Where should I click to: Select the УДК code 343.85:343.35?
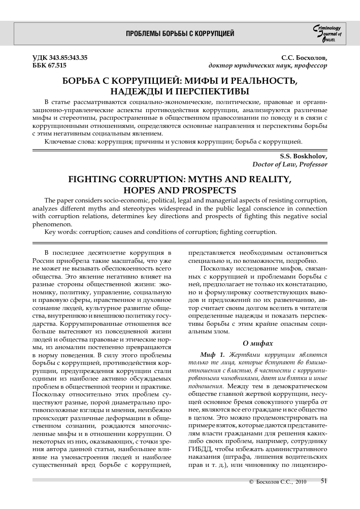tap(60, 58)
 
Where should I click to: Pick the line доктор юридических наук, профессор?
tap(268, 66)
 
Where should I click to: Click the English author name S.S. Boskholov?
tap(304, 155)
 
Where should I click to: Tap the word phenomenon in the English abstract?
tap(52, 224)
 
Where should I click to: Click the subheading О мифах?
tap(258, 343)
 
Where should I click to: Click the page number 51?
tap(324, 496)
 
